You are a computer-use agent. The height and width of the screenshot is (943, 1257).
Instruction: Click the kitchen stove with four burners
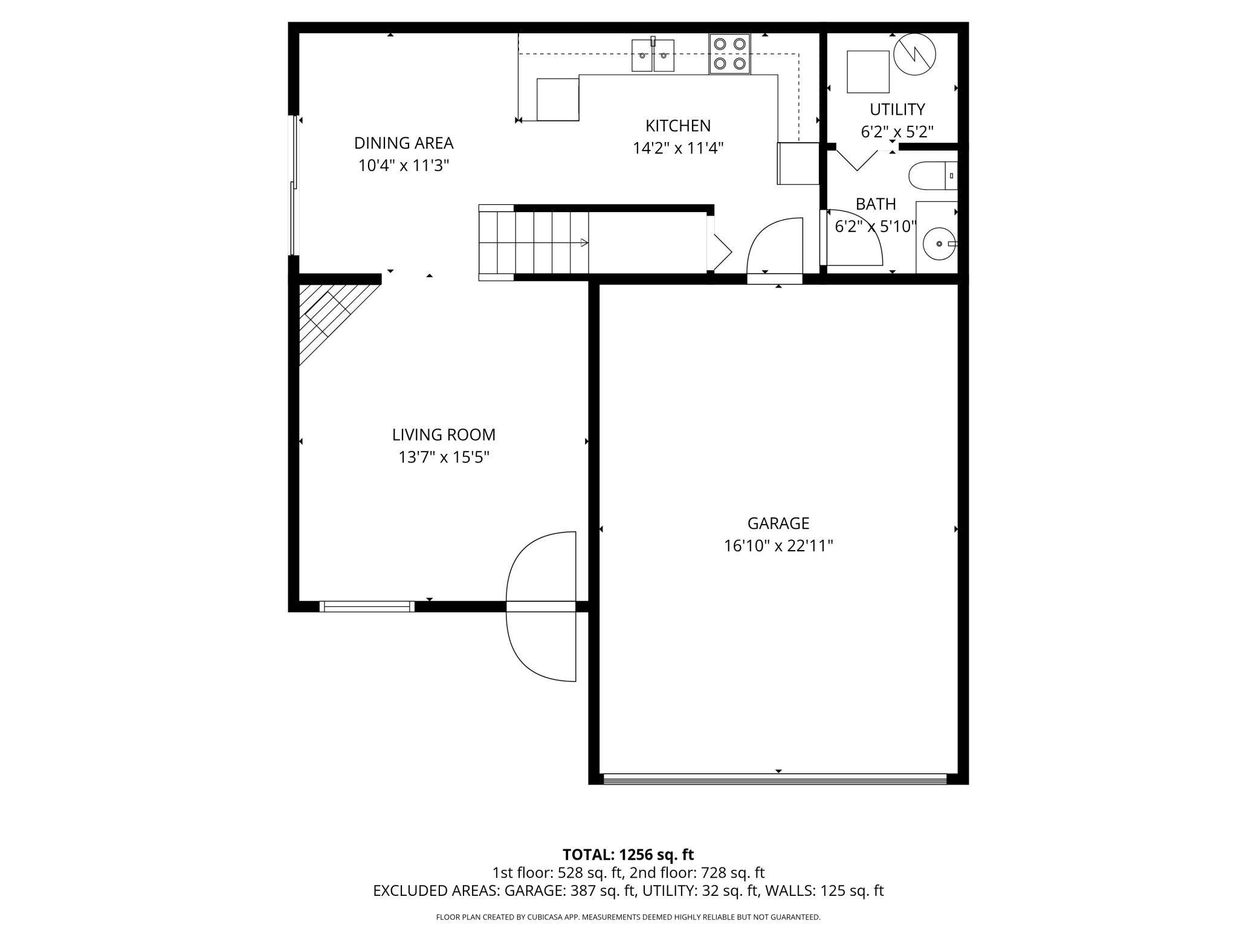coord(729,53)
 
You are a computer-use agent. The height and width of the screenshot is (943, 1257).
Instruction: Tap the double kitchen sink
coord(653,56)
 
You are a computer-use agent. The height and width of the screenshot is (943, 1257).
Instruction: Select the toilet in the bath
coord(932,175)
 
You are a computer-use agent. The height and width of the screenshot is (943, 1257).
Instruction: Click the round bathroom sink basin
coord(939,244)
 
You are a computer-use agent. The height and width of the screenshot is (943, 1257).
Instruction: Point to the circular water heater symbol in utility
coord(914,54)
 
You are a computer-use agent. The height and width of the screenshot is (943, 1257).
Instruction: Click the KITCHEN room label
coord(677,126)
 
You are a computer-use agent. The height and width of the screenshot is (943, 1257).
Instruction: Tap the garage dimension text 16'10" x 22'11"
coord(778,546)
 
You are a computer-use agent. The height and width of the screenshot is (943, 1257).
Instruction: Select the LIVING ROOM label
coord(444,435)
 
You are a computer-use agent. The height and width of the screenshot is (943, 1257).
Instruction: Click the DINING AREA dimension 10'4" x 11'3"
coord(403,166)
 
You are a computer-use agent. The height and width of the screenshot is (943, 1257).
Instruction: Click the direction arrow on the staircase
coord(583,243)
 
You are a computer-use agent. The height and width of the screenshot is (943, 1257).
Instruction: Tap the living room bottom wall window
coord(366,606)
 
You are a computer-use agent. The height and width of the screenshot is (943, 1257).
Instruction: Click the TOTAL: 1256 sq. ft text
coord(628,855)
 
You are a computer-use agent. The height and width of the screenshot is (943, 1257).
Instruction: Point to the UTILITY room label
coord(897,109)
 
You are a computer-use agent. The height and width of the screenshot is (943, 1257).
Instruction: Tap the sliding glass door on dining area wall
coord(294,184)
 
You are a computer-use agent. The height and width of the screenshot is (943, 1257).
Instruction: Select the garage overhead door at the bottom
coord(775,780)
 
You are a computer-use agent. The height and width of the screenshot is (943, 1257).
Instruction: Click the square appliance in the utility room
coord(868,71)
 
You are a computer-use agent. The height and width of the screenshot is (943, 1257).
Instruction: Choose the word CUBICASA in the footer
coord(543,917)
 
